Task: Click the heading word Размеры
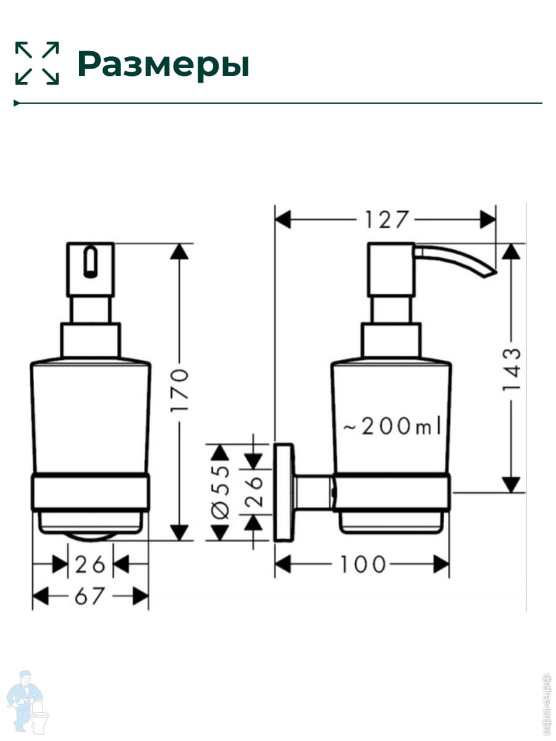coord(163,64)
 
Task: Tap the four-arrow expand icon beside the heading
coord(37,63)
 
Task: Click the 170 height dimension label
coord(179,390)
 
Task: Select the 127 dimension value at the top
coord(387,220)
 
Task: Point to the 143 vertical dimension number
coord(512,370)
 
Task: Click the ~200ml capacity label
coord(392,426)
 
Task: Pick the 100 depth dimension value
coord(363,564)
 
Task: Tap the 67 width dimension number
coord(90,596)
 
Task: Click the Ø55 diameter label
coord(221,492)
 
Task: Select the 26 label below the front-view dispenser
coord(90,565)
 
